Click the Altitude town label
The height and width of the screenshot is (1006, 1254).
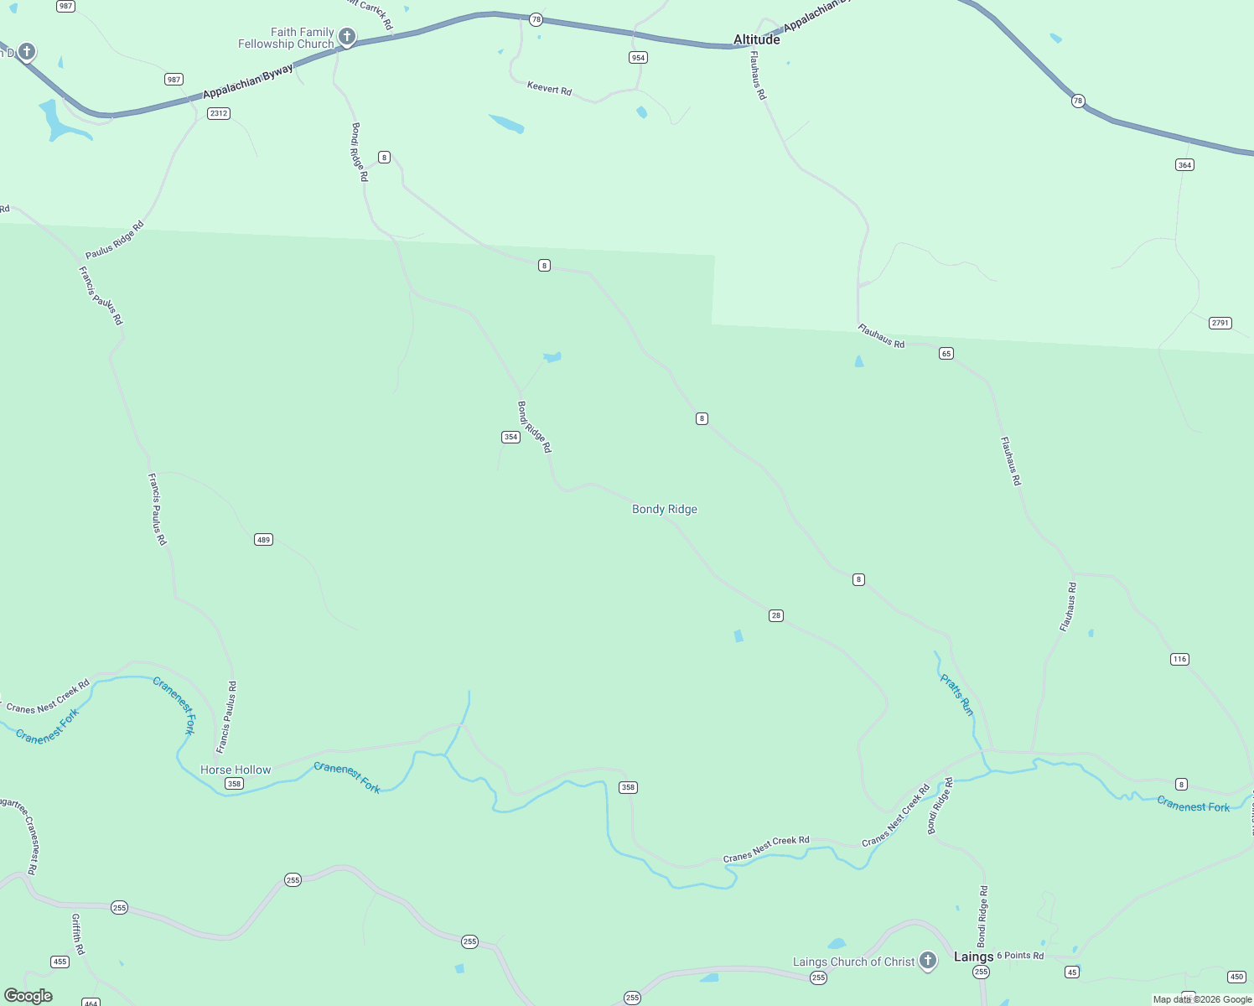coord(756,39)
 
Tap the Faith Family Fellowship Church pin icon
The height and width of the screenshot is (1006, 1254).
coord(347,37)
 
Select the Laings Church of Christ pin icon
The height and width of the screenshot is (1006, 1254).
coord(928,960)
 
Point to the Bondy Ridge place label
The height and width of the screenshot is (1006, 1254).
coord(664,509)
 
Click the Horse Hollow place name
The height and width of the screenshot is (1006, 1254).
coord(236,770)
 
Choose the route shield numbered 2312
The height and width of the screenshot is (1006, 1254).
coord(219,113)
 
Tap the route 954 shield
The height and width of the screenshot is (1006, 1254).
coord(639,58)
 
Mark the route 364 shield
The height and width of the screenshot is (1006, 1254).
coord(1184,165)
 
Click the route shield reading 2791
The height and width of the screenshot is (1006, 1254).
coord(1220,323)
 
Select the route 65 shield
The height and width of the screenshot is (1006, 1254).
coord(946,354)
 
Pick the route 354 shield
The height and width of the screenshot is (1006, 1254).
coord(510,437)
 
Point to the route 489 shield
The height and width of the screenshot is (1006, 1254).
coord(264,540)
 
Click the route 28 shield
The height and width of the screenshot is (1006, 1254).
coord(776,615)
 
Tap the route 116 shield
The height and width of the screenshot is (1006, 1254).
coord(1179,659)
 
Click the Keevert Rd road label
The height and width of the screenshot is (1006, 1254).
coord(549,87)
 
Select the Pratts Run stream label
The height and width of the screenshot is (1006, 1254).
coord(956,695)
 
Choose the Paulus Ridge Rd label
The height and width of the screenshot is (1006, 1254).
coord(115,240)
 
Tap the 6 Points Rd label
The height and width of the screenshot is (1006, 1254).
coord(1020,956)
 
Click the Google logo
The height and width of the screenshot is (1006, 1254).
coord(28,996)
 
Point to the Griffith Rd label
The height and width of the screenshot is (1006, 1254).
coord(78,935)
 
